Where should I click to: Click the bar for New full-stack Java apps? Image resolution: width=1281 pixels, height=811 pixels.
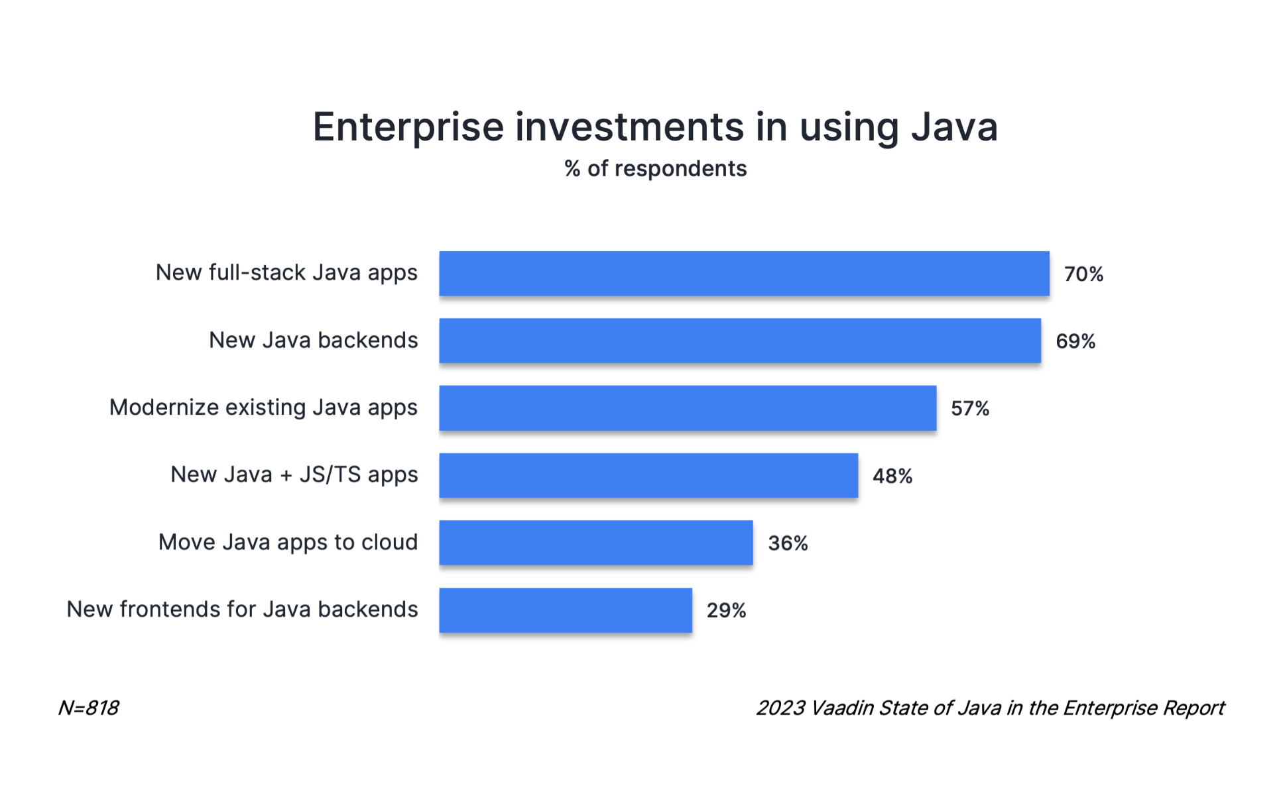(744, 273)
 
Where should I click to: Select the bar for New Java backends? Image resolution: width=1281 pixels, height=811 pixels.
(740, 341)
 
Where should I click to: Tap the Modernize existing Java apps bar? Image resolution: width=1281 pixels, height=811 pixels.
(688, 408)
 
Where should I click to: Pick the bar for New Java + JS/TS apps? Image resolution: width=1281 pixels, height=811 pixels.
(648, 475)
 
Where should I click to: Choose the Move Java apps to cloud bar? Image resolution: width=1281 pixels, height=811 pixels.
(595, 543)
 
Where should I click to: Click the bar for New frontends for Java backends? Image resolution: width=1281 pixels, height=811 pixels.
(566, 610)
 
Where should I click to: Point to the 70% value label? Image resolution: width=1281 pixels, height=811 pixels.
(1083, 274)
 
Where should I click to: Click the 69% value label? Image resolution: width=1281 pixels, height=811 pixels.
(1075, 342)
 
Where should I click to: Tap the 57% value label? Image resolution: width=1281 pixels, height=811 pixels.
(970, 409)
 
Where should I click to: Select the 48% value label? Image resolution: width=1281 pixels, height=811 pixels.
(892, 476)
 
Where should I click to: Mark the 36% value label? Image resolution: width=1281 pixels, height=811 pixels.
(788, 544)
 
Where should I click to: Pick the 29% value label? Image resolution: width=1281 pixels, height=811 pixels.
(726, 611)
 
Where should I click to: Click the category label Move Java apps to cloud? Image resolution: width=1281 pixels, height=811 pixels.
(288, 543)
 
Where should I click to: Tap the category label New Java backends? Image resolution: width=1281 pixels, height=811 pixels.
(313, 341)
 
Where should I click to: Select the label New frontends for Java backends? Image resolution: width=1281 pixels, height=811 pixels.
(242, 610)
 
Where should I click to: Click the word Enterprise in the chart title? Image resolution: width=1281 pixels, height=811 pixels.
(408, 127)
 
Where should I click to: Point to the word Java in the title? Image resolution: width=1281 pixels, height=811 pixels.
(954, 127)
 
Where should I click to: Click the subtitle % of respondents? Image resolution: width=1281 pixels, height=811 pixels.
(655, 169)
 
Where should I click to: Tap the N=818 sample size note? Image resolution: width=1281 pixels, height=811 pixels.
(88, 708)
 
